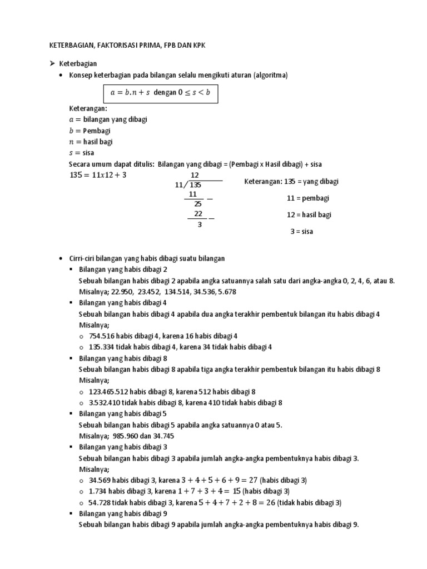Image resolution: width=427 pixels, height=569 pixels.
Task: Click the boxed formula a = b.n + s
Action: coord(160,93)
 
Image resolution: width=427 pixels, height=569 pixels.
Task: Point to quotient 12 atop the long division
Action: coord(194,176)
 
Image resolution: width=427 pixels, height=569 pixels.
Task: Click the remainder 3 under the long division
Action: coord(199,225)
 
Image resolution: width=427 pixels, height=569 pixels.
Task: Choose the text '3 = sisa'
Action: coord(301,232)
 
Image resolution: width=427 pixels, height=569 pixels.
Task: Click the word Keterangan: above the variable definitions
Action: coord(88,108)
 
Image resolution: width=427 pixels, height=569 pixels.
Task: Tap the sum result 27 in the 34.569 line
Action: coord(251,480)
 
